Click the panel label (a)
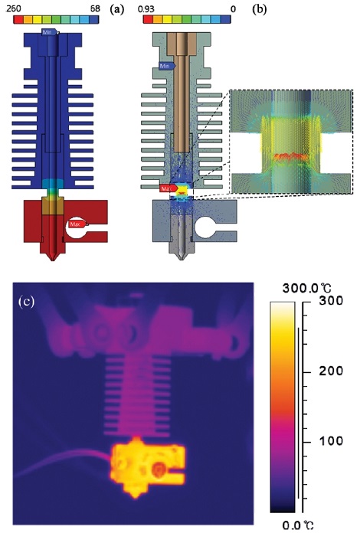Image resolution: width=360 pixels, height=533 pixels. point(117,9)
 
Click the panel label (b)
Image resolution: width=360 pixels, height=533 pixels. point(260,9)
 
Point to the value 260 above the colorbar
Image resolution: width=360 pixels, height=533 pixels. point(14,8)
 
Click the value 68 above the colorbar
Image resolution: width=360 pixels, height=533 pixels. point(95,8)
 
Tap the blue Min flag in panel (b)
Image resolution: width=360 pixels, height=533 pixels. point(167,66)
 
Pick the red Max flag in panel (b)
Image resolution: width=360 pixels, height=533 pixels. point(169,188)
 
